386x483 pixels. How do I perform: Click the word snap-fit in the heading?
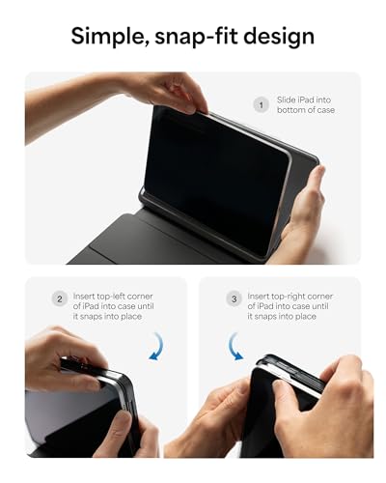pyautogui.click(x=199, y=37)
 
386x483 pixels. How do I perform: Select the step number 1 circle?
pyautogui.click(x=261, y=104)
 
